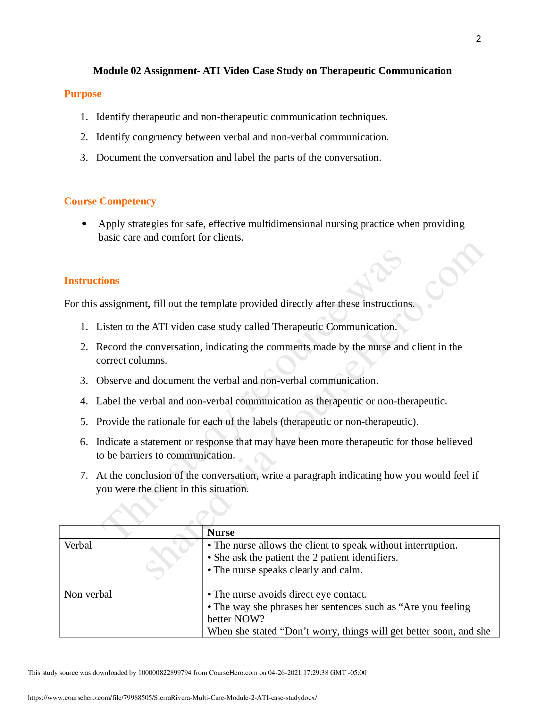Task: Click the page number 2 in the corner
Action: [x=478, y=39]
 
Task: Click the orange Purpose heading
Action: [x=83, y=94]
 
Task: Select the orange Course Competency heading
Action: [x=110, y=201]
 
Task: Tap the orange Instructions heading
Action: [x=91, y=280]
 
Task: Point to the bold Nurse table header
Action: [x=221, y=532]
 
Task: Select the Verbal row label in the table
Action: [x=78, y=545]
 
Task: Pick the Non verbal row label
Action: [x=88, y=594]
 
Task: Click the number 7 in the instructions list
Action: [x=84, y=476]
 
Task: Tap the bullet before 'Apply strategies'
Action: [x=84, y=224]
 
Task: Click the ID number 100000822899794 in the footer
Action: [x=165, y=673]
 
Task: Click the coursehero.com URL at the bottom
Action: [x=172, y=698]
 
